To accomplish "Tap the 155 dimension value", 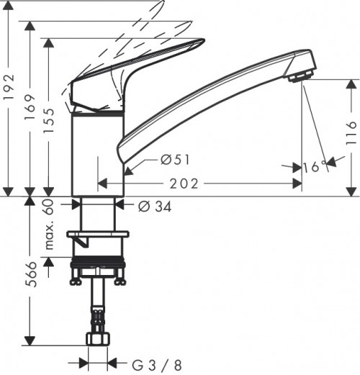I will (48, 115).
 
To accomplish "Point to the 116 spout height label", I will (350, 132).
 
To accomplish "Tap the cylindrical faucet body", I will (98, 155).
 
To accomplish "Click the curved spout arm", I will (209, 97).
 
